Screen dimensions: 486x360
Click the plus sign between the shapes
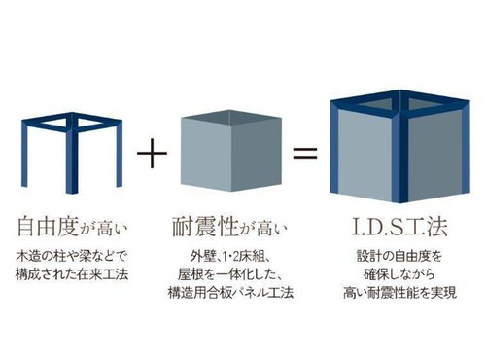(152, 153)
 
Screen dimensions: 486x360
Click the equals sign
(305, 153)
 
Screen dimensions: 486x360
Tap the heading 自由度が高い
(72, 227)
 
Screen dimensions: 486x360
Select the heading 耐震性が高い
(229, 227)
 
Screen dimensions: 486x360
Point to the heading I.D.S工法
(399, 227)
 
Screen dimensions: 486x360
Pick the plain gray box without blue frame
(231, 151)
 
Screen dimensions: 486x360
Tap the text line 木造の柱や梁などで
(72, 257)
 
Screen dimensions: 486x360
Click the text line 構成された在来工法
(72, 274)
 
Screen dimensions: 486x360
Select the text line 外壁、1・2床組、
(230, 257)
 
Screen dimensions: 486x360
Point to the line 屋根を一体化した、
(230, 274)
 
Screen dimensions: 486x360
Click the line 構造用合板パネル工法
(230, 293)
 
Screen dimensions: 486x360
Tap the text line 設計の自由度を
(399, 256)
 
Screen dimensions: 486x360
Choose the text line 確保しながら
(399, 274)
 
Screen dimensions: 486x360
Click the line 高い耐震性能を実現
(399, 293)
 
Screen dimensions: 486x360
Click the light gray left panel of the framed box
(364, 154)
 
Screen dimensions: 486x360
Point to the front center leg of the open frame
(72, 159)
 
